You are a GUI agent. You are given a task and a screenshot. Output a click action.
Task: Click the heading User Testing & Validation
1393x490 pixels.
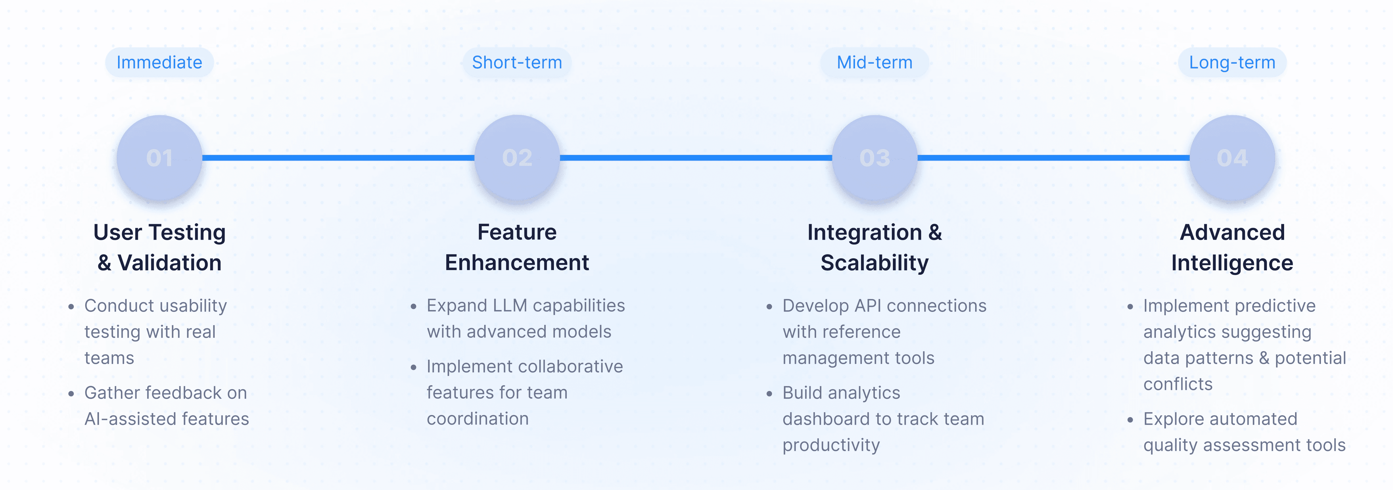point(160,247)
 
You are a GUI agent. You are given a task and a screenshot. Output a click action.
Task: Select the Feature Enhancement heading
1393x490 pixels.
point(517,247)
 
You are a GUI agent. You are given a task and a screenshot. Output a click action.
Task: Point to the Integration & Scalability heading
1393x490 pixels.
point(874,247)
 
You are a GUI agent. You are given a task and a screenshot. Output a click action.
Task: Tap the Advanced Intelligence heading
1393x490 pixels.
point(1232,247)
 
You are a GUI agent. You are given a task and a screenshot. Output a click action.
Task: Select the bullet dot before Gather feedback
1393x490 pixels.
point(71,394)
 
